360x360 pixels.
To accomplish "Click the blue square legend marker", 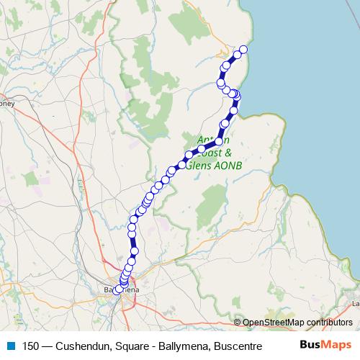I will pos(9,346).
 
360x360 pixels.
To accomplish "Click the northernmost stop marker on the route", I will pos(243,49).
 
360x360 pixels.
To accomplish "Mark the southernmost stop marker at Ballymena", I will pos(117,290).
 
